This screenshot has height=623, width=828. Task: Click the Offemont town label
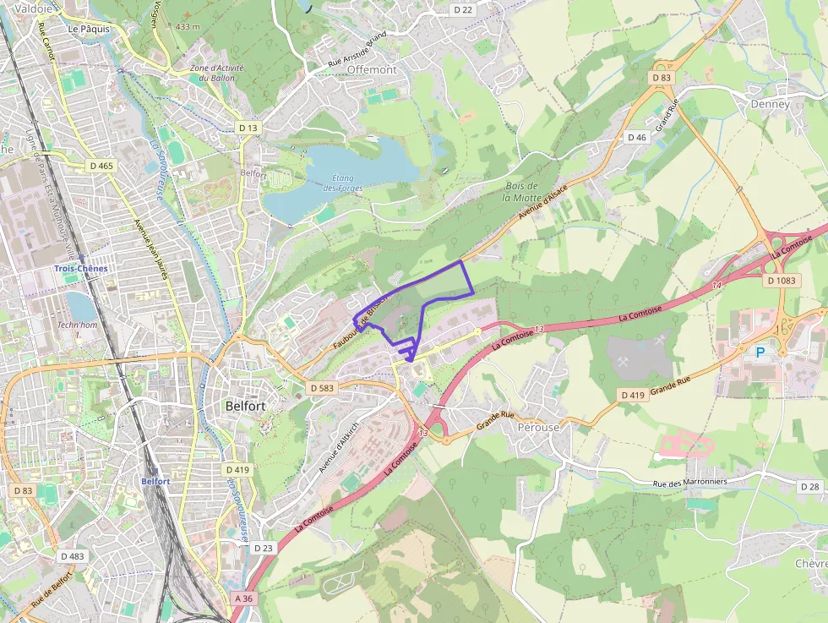(x=371, y=69)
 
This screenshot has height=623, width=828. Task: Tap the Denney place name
(x=770, y=105)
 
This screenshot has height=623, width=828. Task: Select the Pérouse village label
(x=538, y=427)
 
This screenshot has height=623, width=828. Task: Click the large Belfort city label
(x=246, y=406)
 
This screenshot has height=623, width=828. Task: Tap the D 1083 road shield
(x=782, y=280)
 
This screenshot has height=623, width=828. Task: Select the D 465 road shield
(x=101, y=166)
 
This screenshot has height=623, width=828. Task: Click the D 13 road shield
(x=248, y=128)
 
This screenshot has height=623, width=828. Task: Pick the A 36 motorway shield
(x=243, y=598)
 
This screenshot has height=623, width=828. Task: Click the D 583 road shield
(x=322, y=388)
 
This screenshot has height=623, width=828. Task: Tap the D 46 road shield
(x=637, y=137)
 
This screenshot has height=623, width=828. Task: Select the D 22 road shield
(x=462, y=9)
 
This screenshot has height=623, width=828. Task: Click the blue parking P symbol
(x=760, y=352)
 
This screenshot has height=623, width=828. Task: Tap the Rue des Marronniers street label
(x=690, y=482)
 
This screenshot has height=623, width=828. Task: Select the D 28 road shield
(x=809, y=487)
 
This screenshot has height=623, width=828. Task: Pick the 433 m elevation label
(x=188, y=27)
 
